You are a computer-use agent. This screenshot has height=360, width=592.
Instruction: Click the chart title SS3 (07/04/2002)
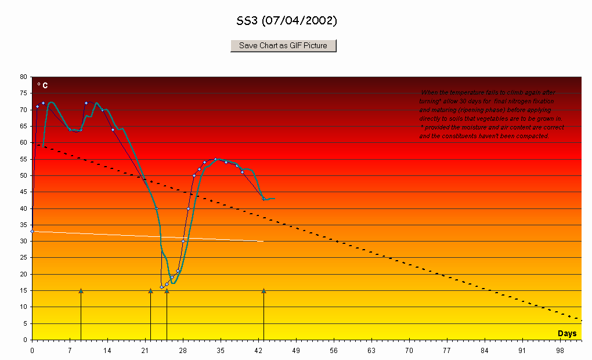coord(287,21)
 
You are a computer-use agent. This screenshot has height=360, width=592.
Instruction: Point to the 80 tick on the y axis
coord(23,77)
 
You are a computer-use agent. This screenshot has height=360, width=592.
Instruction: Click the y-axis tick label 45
coord(23,192)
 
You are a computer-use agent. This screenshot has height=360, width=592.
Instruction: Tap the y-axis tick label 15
coord(23,290)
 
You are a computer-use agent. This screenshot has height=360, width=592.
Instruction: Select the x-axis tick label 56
coord(334,351)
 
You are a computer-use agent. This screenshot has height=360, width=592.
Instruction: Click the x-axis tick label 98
coord(560,351)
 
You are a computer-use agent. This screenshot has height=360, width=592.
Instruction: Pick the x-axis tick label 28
coord(183,351)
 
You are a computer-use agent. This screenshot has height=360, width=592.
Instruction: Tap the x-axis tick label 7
coord(70,351)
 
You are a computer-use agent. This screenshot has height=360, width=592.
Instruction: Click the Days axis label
coord(567,333)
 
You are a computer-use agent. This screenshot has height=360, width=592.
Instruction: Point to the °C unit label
coord(42,85)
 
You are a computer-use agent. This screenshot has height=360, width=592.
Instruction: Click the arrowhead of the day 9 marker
coord(81,290)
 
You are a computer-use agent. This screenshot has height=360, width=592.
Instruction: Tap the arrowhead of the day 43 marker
coord(263,290)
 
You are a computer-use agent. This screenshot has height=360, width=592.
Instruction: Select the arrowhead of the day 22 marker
coord(150,290)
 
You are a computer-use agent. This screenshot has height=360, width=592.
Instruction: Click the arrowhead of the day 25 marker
coord(167,290)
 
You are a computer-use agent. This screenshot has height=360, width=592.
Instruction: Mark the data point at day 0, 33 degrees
coord(32,231)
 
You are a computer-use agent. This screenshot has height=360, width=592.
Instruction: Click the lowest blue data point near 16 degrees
coord(162,287)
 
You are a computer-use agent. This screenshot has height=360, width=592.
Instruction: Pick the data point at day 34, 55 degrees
coord(215,159)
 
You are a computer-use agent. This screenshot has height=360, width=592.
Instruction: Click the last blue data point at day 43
coord(264,199)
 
